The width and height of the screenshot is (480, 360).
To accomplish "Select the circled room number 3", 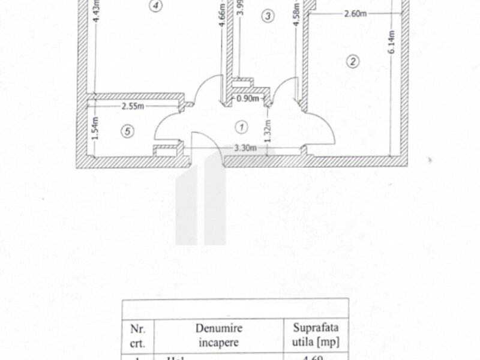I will tap(268, 16).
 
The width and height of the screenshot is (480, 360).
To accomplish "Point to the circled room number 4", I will tap(156, 7).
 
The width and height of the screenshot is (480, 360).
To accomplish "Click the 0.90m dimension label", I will tap(247, 98).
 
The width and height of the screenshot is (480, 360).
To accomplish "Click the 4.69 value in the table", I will tap(316, 358).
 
